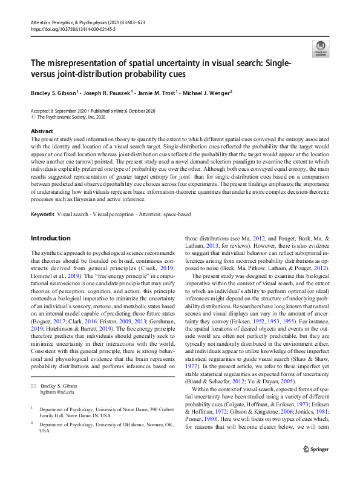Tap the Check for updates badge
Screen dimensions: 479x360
[319, 48]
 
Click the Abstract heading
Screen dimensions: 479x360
[41, 131]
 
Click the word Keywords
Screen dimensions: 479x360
[42, 214]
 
